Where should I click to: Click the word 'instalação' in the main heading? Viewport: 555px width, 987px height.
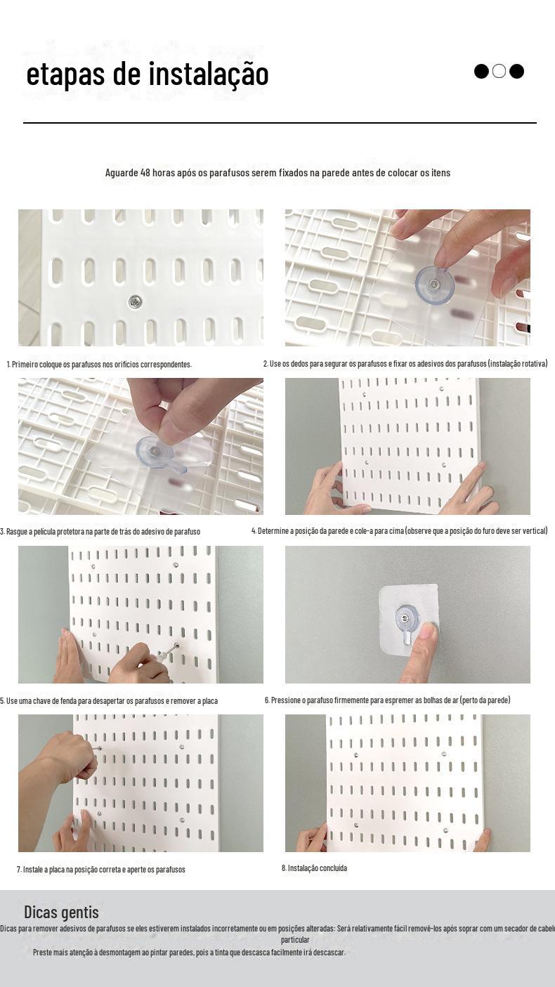tap(208, 74)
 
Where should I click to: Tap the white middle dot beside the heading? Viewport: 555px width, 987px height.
tap(499, 71)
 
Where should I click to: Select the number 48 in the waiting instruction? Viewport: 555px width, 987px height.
tap(145, 172)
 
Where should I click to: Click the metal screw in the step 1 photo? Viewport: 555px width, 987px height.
tap(135, 302)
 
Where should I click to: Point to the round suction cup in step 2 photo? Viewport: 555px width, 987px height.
tap(434, 285)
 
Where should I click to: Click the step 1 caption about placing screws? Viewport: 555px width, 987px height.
tap(100, 365)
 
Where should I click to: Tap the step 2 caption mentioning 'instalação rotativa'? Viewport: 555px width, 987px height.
tap(405, 363)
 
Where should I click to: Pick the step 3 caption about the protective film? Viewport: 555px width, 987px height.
tap(100, 531)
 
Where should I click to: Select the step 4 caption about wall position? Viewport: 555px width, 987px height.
tap(400, 530)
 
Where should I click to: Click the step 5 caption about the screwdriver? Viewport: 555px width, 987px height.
tap(109, 700)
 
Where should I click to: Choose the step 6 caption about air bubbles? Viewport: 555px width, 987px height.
tap(388, 700)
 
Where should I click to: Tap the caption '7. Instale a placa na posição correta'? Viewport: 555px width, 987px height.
tap(101, 870)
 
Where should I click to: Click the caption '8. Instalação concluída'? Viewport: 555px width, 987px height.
tap(315, 868)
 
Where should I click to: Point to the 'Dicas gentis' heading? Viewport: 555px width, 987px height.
tap(61, 912)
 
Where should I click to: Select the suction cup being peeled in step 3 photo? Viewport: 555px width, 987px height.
tap(154, 452)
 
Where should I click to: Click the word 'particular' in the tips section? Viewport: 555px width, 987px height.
tap(295, 940)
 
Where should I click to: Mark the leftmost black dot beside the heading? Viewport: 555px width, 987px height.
tap(481, 71)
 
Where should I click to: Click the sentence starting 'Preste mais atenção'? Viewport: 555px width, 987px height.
tap(190, 952)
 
